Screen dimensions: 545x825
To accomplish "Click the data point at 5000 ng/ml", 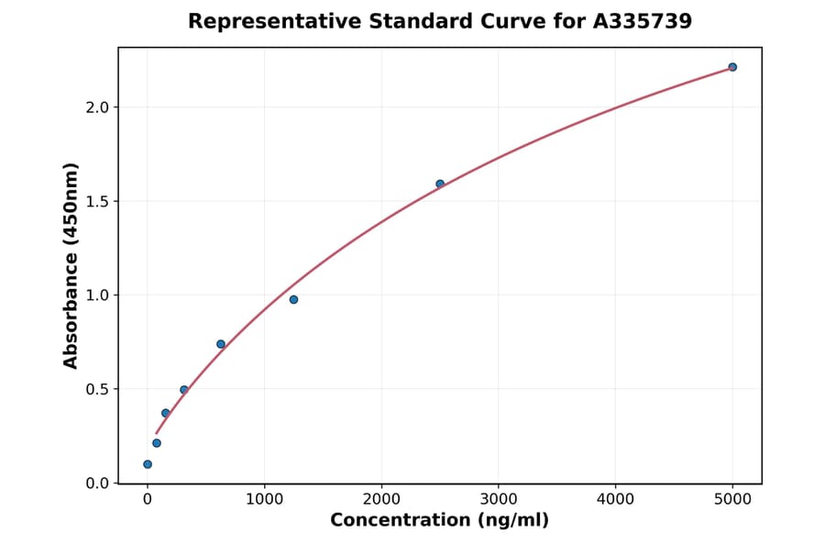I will pyautogui.click(x=732, y=67).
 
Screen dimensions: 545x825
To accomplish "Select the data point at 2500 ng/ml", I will pyautogui.click(x=440, y=184).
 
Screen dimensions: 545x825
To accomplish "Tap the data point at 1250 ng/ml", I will pyautogui.click(x=293, y=300).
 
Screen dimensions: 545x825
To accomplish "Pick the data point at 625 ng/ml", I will pyautogui.click(x=221, y=344).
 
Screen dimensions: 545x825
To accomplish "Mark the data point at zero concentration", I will pyautogui.click(x=148, y=464).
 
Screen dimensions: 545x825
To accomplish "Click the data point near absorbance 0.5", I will pyautogui.click(x=184, y=390).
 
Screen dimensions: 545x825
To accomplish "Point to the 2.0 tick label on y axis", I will pyautogui.click(x=98, y=107).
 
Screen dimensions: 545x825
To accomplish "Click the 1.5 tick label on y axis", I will pyautogui.click(x=98, y=201).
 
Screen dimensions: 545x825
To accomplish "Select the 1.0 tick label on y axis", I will pyautogui.click(x=98, y=295).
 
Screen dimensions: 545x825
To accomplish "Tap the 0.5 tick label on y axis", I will pyautogui.click(x=98, y=389).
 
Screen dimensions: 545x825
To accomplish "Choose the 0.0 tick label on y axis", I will pyautogui.click(x=98, y=484).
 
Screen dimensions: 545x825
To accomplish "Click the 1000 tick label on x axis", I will pyautogui.click(x=264, y=500).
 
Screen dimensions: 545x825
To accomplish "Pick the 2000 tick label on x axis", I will pyautogui.click(x=381, y=500).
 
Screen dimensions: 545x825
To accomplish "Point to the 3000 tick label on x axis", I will pyautogui.click(x=498, y=500).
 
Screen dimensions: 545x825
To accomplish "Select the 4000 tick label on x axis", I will pyautogui.click(x=615, y=500).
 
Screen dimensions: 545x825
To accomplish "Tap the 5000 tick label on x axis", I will pyautogui.click(x=732, y=500).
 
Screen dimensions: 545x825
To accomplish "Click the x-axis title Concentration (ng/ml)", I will pyautogui.click(x=440, y=521).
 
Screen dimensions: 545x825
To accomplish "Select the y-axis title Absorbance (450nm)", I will pyautogui.click(x=71, y=265).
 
